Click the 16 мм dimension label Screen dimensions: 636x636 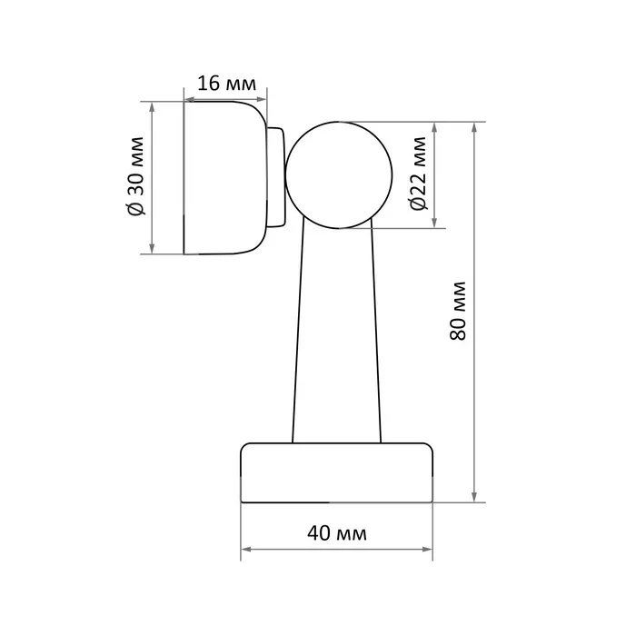(x=227, y=84)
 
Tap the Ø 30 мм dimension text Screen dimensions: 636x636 (x=135, y=176)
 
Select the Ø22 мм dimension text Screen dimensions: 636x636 (x=418, y=174)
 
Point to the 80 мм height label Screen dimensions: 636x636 (x=458, y=311)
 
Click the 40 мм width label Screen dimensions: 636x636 (x=337, y=533)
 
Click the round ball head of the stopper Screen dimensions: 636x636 (x=339, y=174)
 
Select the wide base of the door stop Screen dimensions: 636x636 (x=337, y=473)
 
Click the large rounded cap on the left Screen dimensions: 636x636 (x=225, y=178)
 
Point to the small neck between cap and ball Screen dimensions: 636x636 (x=276, y=177)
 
